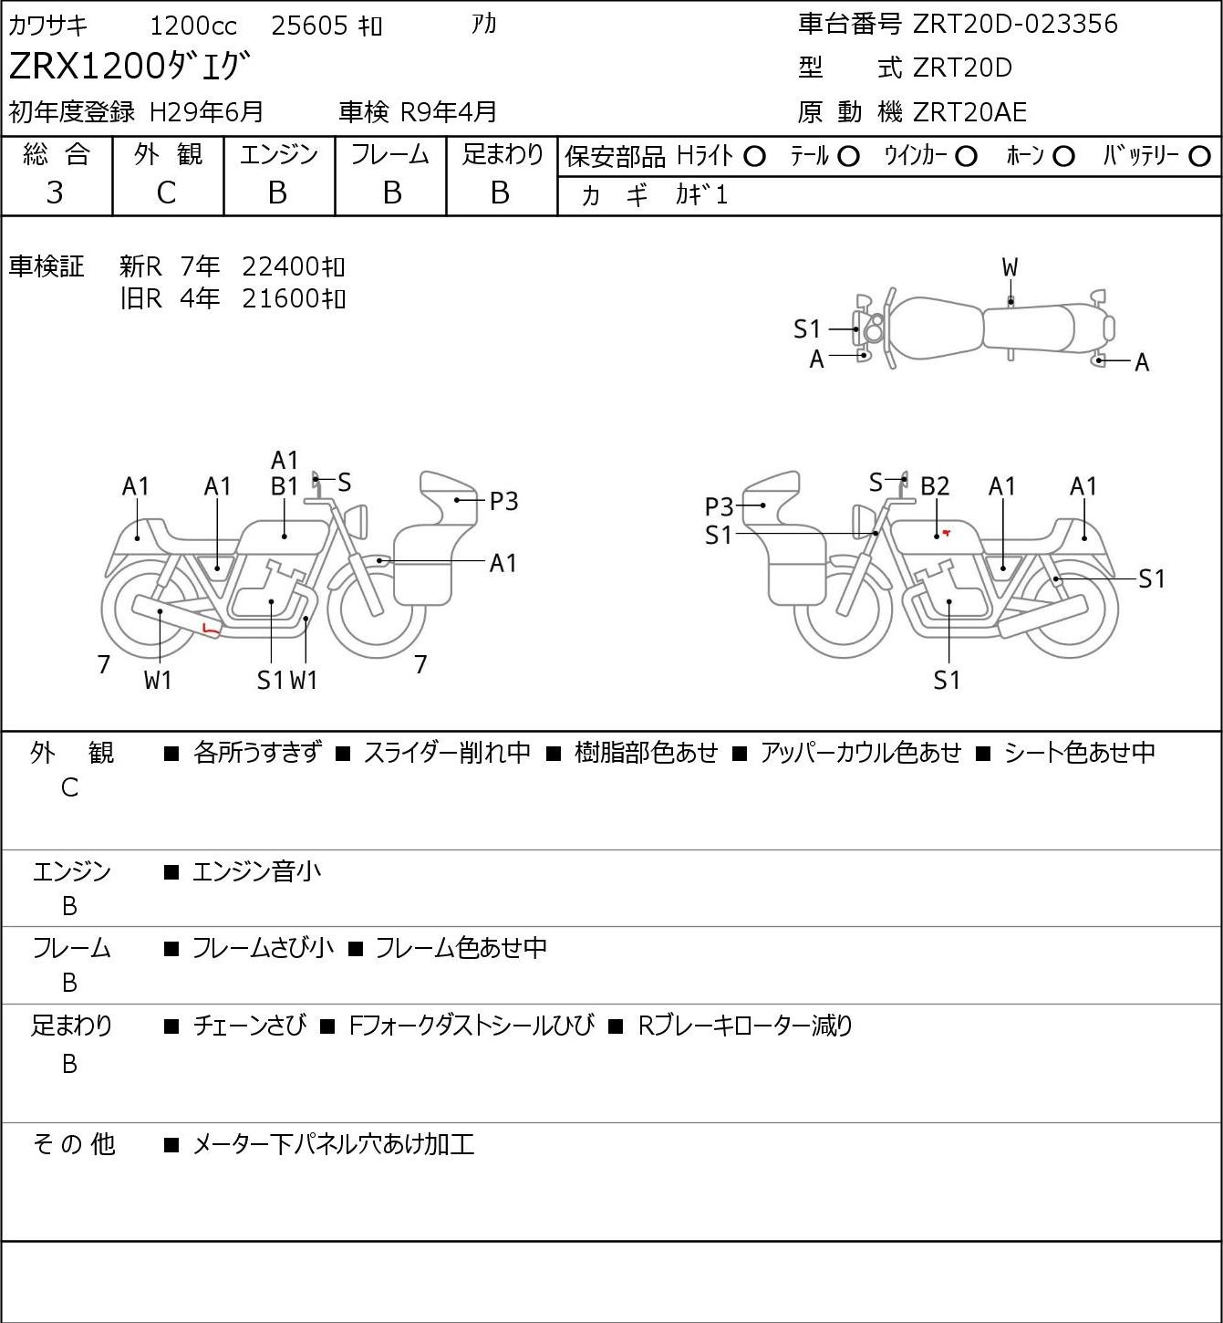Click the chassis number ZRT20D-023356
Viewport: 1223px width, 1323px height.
tap(1015, 24)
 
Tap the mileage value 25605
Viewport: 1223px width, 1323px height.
tap(310, 26)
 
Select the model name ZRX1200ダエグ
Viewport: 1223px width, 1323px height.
tap(129, 68)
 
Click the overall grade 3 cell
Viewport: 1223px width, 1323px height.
tap(56, 193)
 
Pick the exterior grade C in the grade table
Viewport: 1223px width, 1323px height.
tap(166, 193)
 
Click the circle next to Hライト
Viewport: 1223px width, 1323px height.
tap(754, 156)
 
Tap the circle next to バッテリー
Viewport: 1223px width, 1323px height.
tap(1199, 156)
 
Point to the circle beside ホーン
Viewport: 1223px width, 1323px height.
tap(1063, 156)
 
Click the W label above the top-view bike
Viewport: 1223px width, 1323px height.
tap(1010, 267)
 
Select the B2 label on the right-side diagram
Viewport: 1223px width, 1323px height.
tap(935, 486)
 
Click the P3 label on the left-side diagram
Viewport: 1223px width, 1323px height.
tap(503, 501)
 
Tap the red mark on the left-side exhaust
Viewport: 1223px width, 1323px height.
tap(211, 628)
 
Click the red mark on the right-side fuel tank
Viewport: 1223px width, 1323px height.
tap(947, 532)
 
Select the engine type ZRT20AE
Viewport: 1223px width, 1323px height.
tap(969, 112)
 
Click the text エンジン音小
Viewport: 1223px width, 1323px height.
tap(257, 872)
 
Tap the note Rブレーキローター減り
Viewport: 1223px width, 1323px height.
tap(745, 1026)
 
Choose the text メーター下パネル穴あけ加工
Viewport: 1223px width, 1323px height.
tap(334, 1145)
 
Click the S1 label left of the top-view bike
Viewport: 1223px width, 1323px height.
tap(807, 328)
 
